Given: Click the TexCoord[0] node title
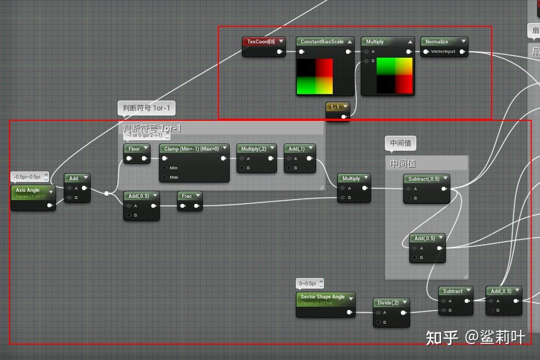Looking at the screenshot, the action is (x=261, y=41).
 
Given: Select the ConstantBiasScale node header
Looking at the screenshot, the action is (x=322, y=42).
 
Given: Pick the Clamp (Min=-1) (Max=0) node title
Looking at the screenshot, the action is (x=191, y=148).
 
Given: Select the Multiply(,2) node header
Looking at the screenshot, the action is (x=254, y=148).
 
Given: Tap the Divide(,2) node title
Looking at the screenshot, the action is (x=388, y=303).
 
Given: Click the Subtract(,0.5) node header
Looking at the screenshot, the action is (x=424, y=179).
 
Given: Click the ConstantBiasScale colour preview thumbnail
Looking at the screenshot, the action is (x=315, y=76).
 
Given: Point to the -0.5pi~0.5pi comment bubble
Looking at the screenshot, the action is (x=27, y=176).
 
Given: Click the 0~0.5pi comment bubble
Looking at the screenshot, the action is (x=307, y=284).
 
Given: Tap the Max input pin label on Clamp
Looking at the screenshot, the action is (x=174, y=177).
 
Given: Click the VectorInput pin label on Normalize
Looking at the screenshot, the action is (x=443, y=52).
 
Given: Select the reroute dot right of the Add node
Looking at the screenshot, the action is (x=107, y=193).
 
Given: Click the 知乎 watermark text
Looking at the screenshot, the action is (x=442, y=337).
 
